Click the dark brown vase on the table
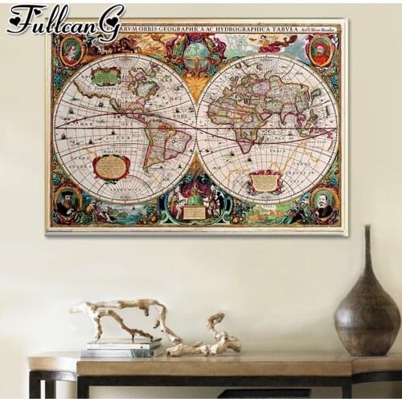(367, 314)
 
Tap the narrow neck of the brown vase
(367, 245)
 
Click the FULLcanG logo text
(64, 19)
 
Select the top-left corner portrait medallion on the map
(70, 51)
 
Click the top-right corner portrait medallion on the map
(320, 51)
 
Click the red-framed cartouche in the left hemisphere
(111, 167)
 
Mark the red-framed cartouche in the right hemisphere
(265, 182)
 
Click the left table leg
(34, 386)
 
